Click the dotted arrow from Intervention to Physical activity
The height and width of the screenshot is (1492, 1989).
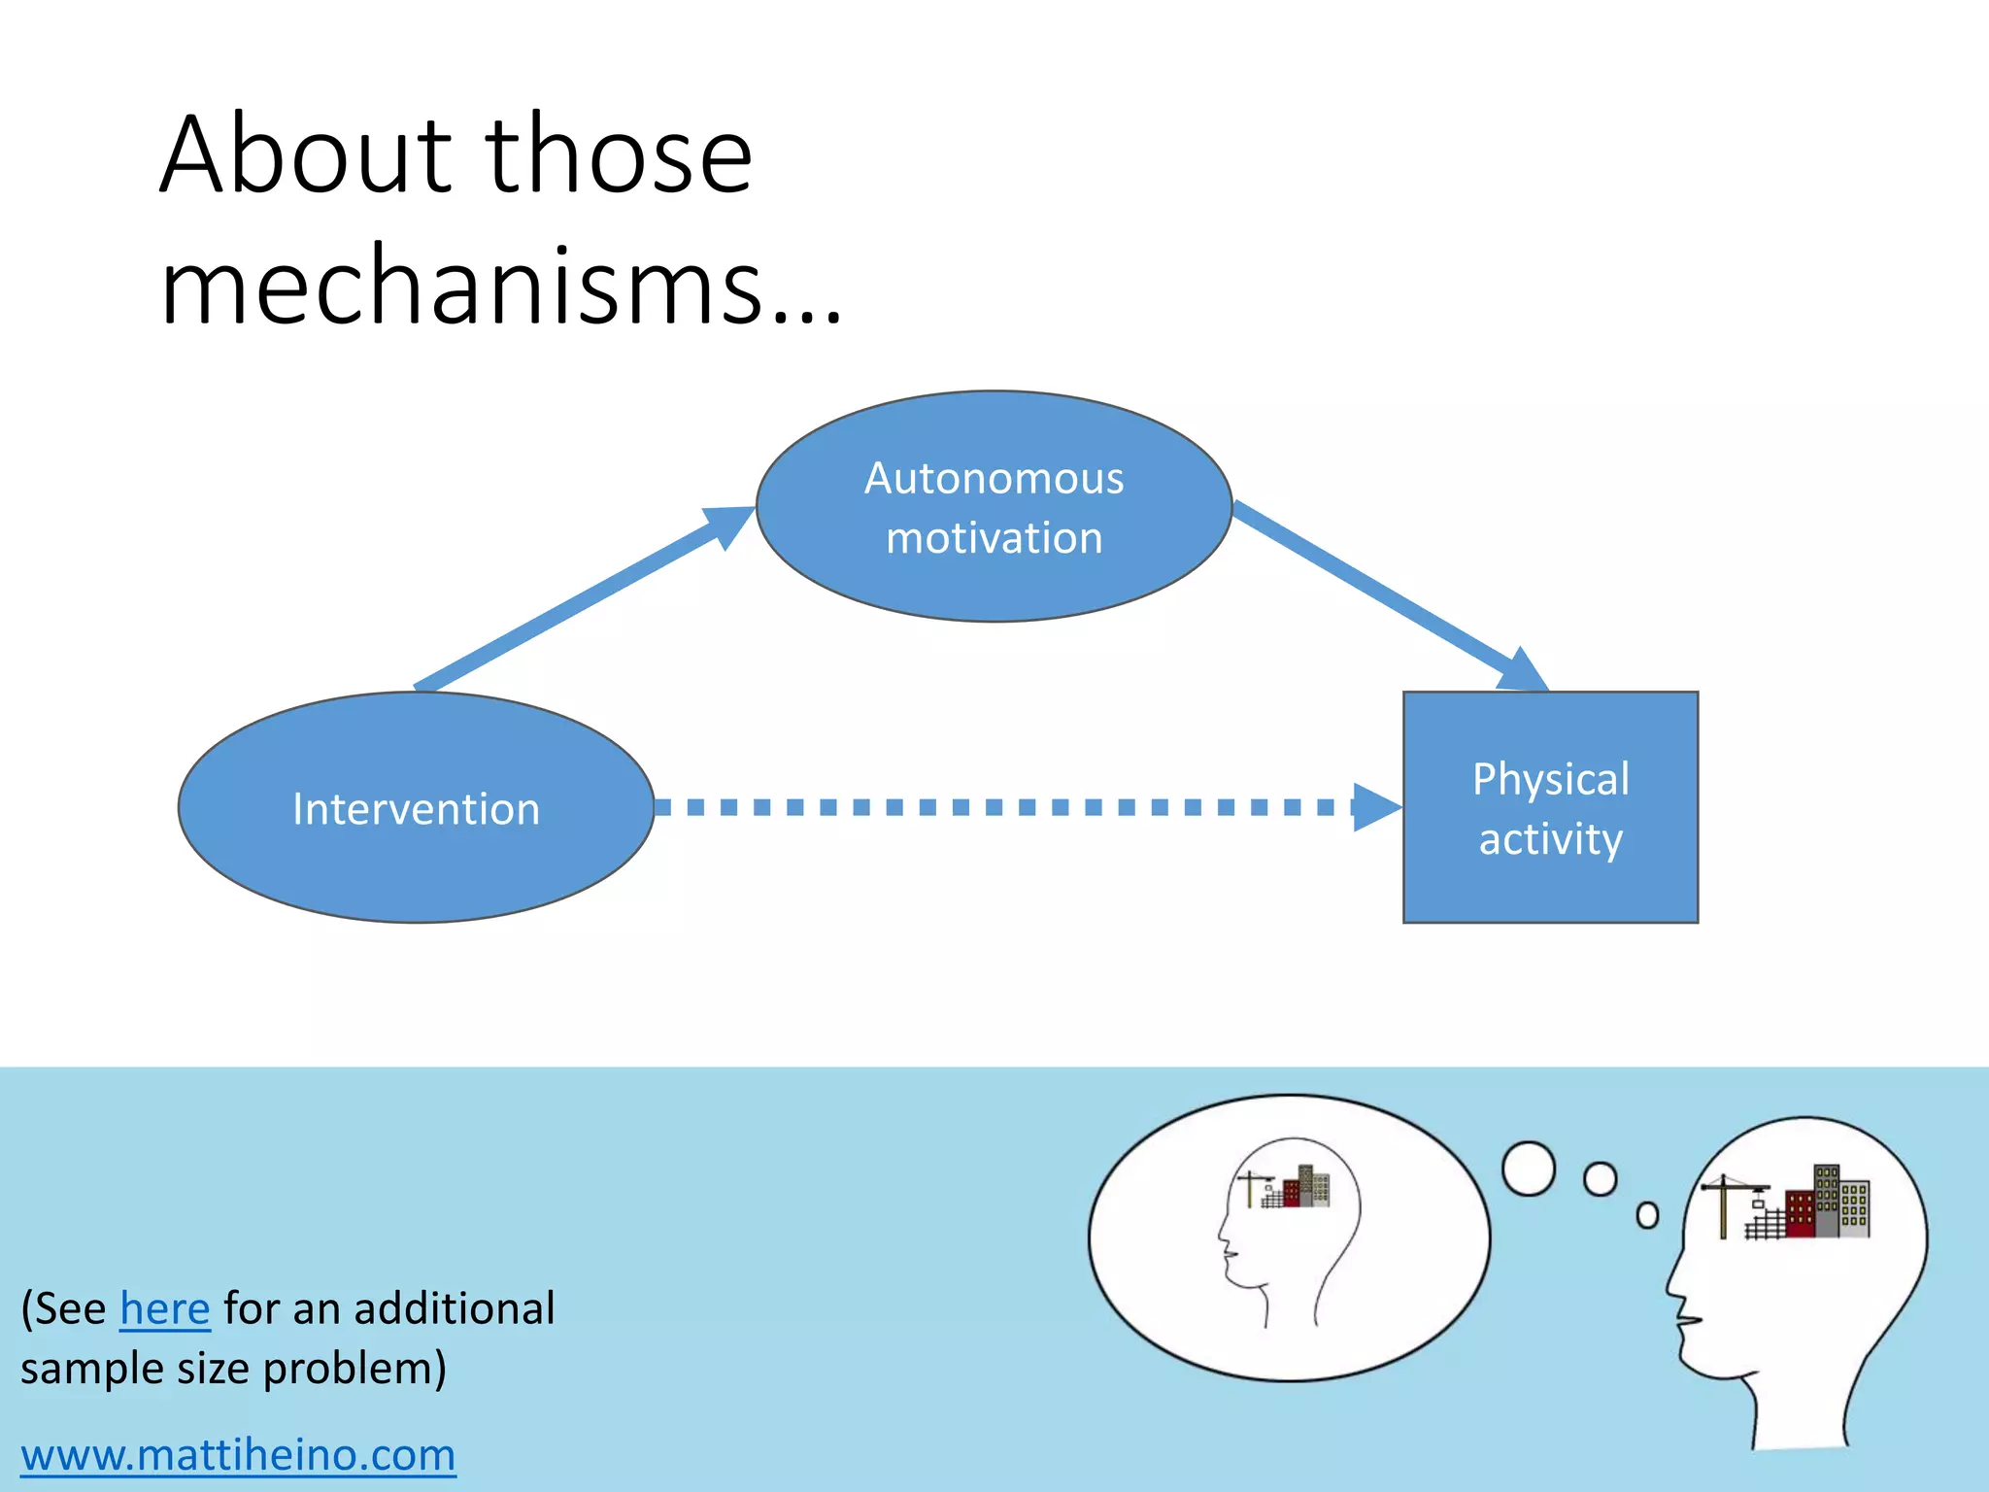point(1000,807)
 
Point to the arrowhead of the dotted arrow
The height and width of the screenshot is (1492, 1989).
point(1375,807)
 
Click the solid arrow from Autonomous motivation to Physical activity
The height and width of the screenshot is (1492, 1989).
point(1379,593)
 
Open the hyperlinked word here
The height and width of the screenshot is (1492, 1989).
point(164,1308)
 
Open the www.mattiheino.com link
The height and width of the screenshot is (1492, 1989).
point(238,1454)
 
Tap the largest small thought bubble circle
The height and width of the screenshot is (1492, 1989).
point(1529,1169)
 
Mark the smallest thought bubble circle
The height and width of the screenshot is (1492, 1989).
point(1647,1215)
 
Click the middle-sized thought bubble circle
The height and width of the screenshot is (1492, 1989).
point(1600,1179)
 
